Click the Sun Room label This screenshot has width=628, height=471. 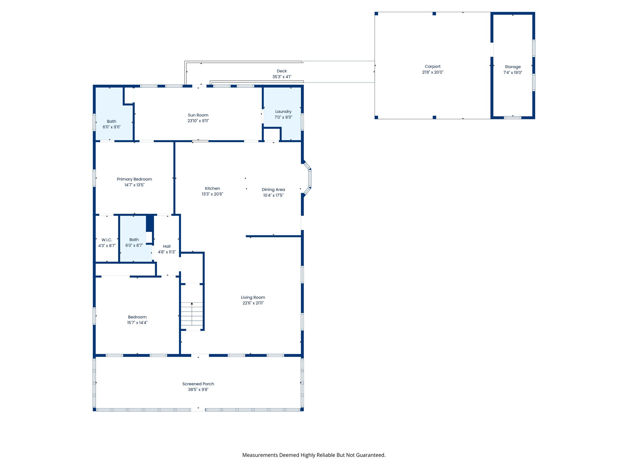(x=198, y=115)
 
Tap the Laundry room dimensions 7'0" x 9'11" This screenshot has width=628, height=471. (x=283, y=117)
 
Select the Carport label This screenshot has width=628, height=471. (x=433, y=67)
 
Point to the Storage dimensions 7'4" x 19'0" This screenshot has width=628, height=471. (x=513, y=72)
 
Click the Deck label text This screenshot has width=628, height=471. (x=282, y=71)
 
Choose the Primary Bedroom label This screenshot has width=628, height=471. (x=134, y=179)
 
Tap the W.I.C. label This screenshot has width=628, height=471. (x=107, y=240)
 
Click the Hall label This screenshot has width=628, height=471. (x=167, y=246)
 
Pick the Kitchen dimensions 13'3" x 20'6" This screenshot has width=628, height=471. (x=213, y=194)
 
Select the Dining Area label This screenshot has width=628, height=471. (x=273, y=190)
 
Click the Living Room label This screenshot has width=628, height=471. (x=253, y=297)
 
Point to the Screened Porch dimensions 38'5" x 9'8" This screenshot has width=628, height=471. (x=198, y=389)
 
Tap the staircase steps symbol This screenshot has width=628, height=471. (x=192, y=314)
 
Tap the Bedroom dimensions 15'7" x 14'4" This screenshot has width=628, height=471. (x=137, y=323)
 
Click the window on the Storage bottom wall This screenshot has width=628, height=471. (x=513, y=117)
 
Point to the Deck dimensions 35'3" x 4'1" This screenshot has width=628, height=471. (x=282, y=77)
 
